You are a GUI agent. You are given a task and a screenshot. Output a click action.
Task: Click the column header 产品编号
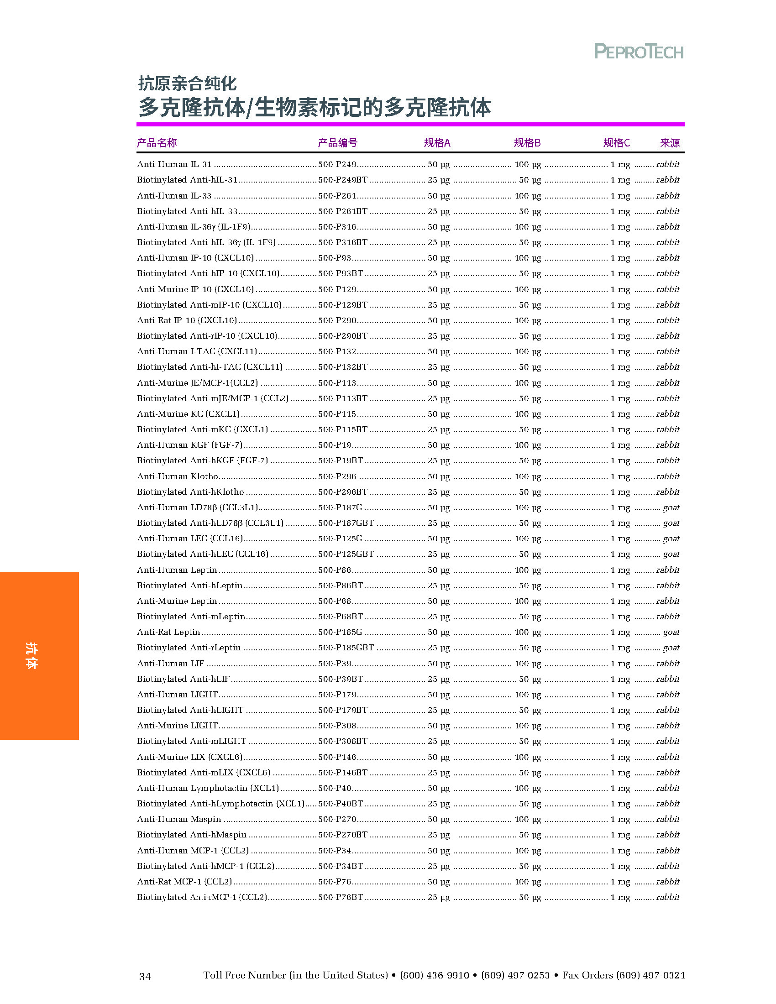coord(337,143)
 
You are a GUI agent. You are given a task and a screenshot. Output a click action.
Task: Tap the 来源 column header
coord(669,143)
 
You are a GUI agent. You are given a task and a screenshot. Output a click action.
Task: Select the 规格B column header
coord(527,143)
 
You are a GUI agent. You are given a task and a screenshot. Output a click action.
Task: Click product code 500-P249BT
coord(342,180)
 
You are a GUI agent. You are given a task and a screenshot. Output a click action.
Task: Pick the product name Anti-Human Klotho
coord(178,476)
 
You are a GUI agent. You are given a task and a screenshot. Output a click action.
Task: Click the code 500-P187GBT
coord(346,523)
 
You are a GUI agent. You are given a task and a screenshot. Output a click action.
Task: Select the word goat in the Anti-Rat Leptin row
coord(671,632)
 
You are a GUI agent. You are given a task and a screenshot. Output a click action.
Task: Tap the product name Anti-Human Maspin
coord(179,819)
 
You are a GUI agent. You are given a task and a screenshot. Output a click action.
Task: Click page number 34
coord(145,977)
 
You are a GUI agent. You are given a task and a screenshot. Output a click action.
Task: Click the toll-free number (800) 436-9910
coord(435,976)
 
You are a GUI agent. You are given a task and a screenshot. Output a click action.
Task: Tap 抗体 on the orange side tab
coord(31,655)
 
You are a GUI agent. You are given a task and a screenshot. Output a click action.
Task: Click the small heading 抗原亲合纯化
coord(187,84)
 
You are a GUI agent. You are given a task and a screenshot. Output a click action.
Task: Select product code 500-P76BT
coord(340,897)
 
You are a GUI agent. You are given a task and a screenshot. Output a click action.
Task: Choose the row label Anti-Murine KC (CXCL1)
coord(189,414)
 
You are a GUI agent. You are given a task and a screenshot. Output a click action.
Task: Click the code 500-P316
coord(337,227)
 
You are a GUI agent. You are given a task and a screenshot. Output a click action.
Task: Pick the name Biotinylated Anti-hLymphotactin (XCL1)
coord(220,804)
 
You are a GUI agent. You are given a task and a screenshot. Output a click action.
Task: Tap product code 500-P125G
coord(340,539)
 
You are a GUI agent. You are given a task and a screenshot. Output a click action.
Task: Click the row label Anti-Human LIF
coord(171,664)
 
